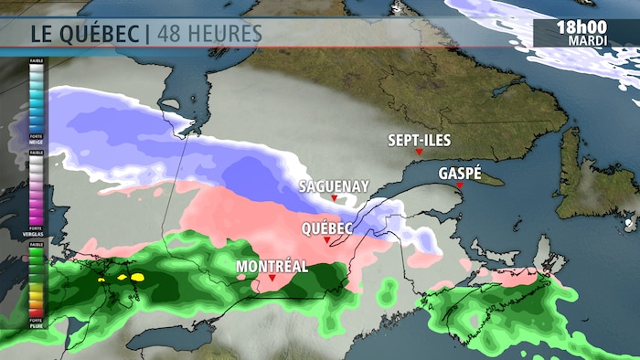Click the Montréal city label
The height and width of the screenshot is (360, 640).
(x=272, y=267)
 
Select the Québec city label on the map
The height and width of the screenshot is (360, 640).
(x=328, y=228)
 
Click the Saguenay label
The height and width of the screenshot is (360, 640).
(x=334, y=185)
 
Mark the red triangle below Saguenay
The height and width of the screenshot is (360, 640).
(x=335, y=198)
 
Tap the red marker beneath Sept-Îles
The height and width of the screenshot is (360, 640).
(x=418, y=152)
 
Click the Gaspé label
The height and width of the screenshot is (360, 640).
(x=460, y=173)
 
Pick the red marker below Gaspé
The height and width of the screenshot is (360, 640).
(x=460, y=185)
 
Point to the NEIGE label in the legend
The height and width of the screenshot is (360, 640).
(x=37, y=145)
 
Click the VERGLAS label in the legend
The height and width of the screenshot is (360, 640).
(x=37, y=233)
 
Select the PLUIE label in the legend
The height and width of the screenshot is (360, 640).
(x=37, y=322)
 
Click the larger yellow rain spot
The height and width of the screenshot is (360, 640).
(x=137, y=275)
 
